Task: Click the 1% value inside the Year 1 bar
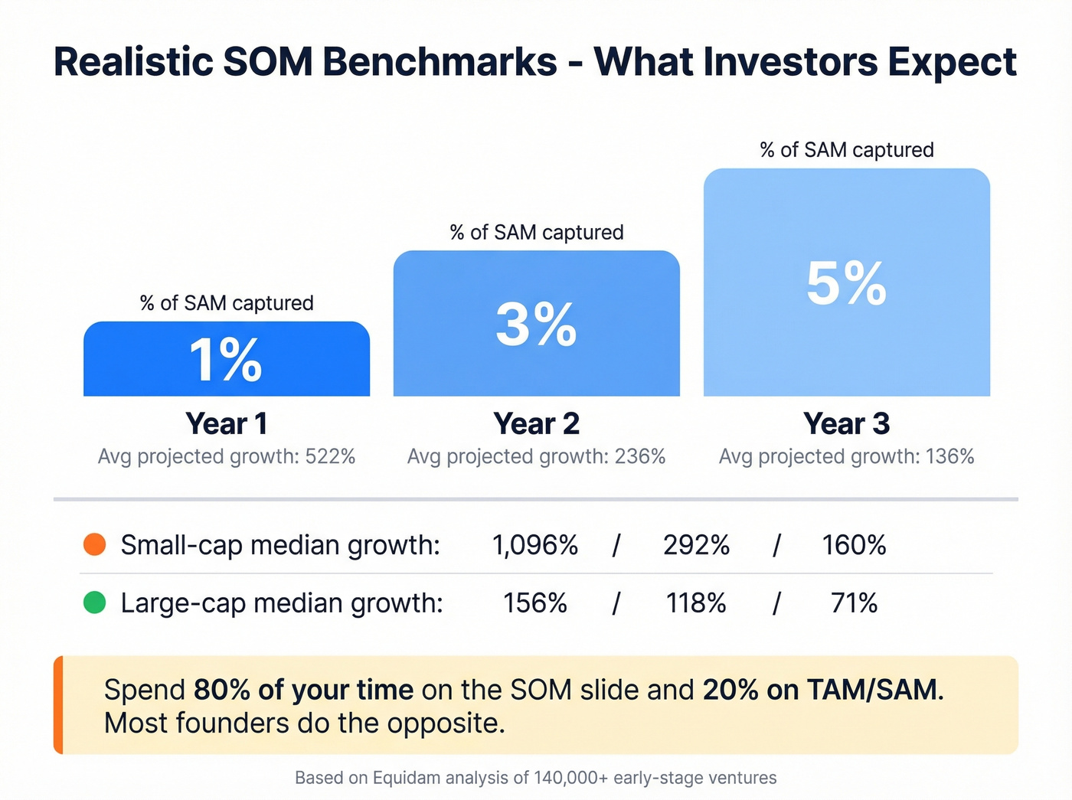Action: (226, 360)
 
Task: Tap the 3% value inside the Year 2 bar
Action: (536, 324)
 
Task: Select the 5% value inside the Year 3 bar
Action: (846, 284)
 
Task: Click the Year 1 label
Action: (226, 423)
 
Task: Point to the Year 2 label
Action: (536, 423)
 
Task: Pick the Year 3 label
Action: (846, 423)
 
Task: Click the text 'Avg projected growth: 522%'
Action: (226, 457)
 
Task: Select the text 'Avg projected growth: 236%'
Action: (536, 457)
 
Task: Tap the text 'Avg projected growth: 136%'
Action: (846, 457)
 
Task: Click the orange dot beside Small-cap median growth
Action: (94, 544)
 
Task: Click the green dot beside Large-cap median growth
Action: (94, 602)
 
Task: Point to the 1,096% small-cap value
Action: (534, 545)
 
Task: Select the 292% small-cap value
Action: (696, 545)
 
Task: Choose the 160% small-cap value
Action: (854, 545)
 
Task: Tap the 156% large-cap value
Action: (534, 603)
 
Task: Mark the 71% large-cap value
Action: (854, 603)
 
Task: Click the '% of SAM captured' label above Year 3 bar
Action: (846, 150)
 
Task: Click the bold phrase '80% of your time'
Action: (303, 690)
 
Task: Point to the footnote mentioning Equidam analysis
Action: (536, 778)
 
